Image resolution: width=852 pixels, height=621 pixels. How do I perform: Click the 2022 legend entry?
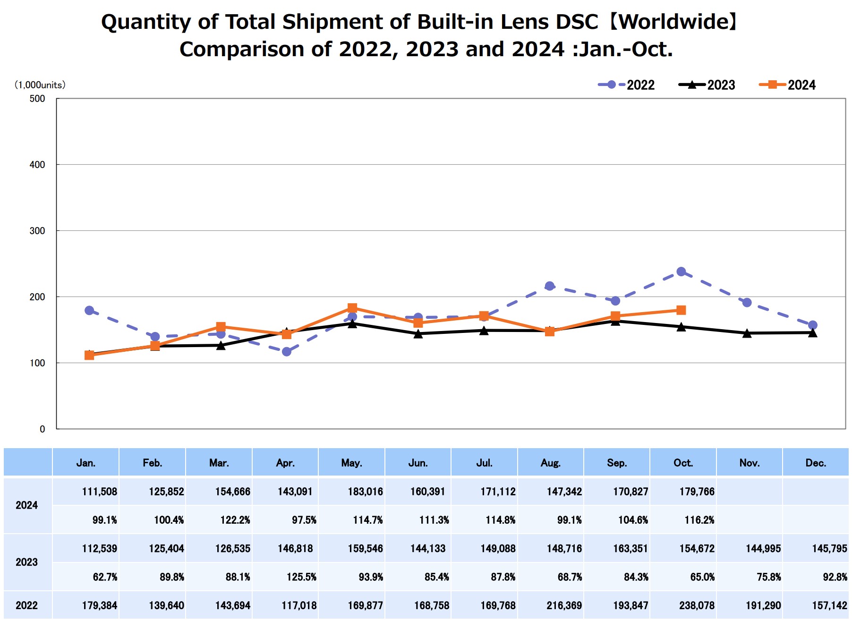coord(626,85)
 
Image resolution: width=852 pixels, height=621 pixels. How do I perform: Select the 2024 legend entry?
coord(787,85)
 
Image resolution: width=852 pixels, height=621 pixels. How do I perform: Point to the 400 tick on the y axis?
coord(37,165)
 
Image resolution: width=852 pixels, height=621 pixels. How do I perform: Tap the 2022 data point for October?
coord(681,272)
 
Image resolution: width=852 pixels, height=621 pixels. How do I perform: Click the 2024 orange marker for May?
coord(352,308)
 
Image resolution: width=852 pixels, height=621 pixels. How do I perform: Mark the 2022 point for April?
coord(287,351)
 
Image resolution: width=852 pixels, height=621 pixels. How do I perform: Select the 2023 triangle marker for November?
coord(747,333)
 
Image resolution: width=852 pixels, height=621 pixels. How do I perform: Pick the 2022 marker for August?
coord(549,286)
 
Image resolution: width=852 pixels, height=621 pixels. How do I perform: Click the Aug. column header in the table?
coord(551,463)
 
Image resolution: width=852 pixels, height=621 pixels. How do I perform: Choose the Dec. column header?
coord(816,463)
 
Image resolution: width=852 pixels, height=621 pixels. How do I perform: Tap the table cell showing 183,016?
coord(365,492)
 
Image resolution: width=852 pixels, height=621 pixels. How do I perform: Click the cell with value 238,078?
coord(697,605)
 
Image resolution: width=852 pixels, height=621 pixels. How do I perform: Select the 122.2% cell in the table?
coord(235,520)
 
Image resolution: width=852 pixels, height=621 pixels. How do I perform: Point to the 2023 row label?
coord(26,562)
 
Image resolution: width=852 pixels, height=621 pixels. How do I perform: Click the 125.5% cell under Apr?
coord(301,577)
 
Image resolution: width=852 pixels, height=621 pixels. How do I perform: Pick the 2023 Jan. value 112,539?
coord(99,549)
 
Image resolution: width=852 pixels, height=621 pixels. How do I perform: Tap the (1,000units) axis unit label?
coord(40,85)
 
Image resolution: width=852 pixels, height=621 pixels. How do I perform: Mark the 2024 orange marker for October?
coord(681,310)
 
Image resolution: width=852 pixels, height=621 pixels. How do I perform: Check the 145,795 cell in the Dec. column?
coord(829,549)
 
